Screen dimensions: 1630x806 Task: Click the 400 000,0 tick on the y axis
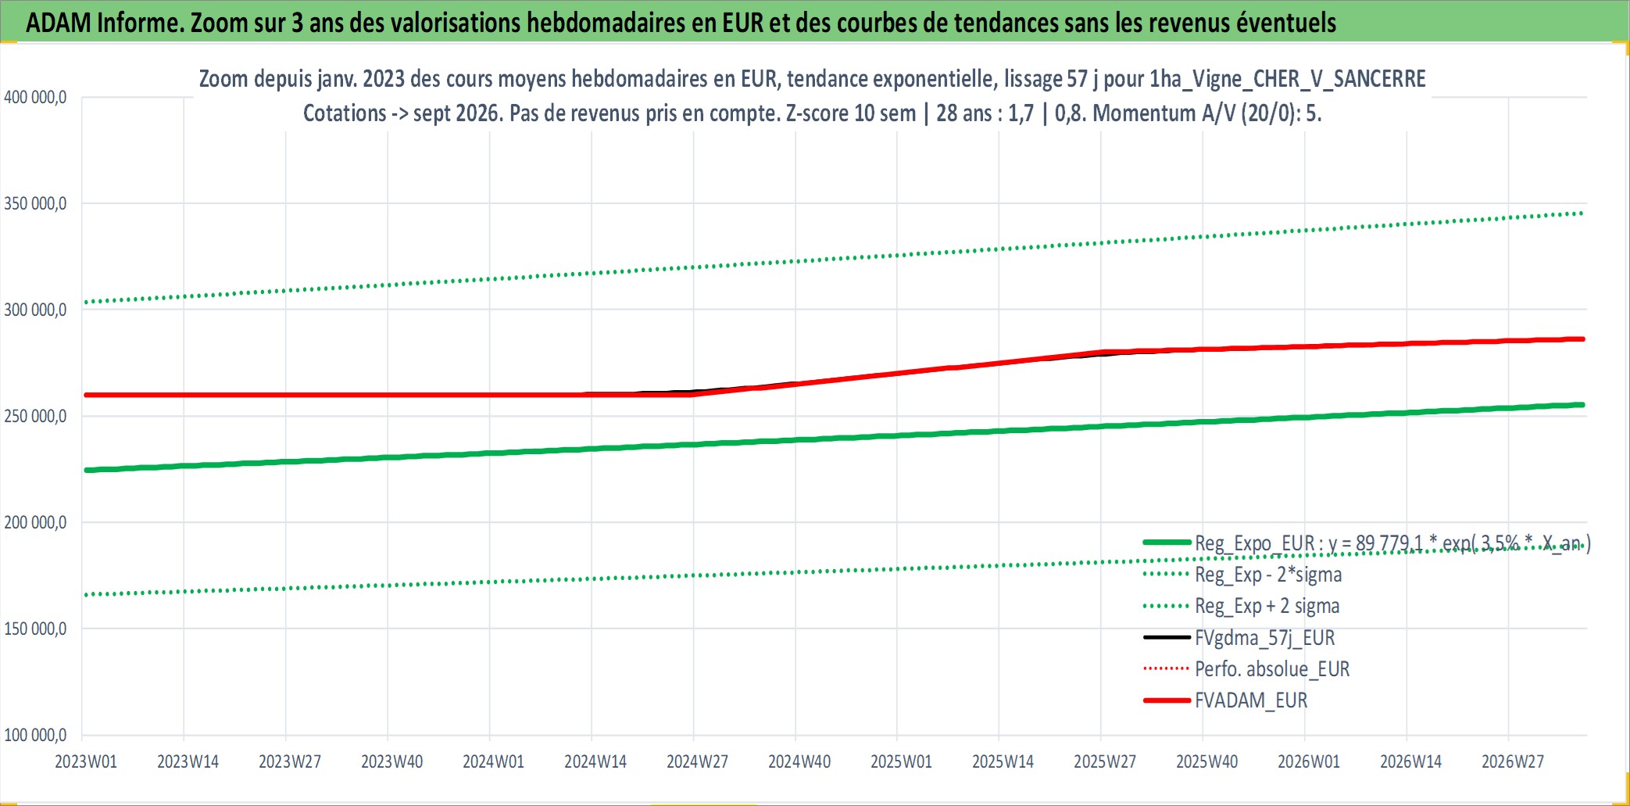[35, 98]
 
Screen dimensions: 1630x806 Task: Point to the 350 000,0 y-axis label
[35, 204]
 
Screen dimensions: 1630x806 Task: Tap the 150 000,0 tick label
[35, 629]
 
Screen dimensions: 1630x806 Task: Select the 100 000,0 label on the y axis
[35, 735]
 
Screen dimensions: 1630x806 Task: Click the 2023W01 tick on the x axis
[86, 761]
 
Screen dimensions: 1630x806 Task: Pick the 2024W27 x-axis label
[697, 761]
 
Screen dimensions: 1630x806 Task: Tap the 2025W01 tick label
[901, 761]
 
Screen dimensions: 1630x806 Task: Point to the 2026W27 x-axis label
[1513, 761]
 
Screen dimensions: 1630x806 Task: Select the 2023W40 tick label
[391, 761]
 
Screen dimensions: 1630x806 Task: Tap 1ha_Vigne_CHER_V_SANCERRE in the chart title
[1288, 79]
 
